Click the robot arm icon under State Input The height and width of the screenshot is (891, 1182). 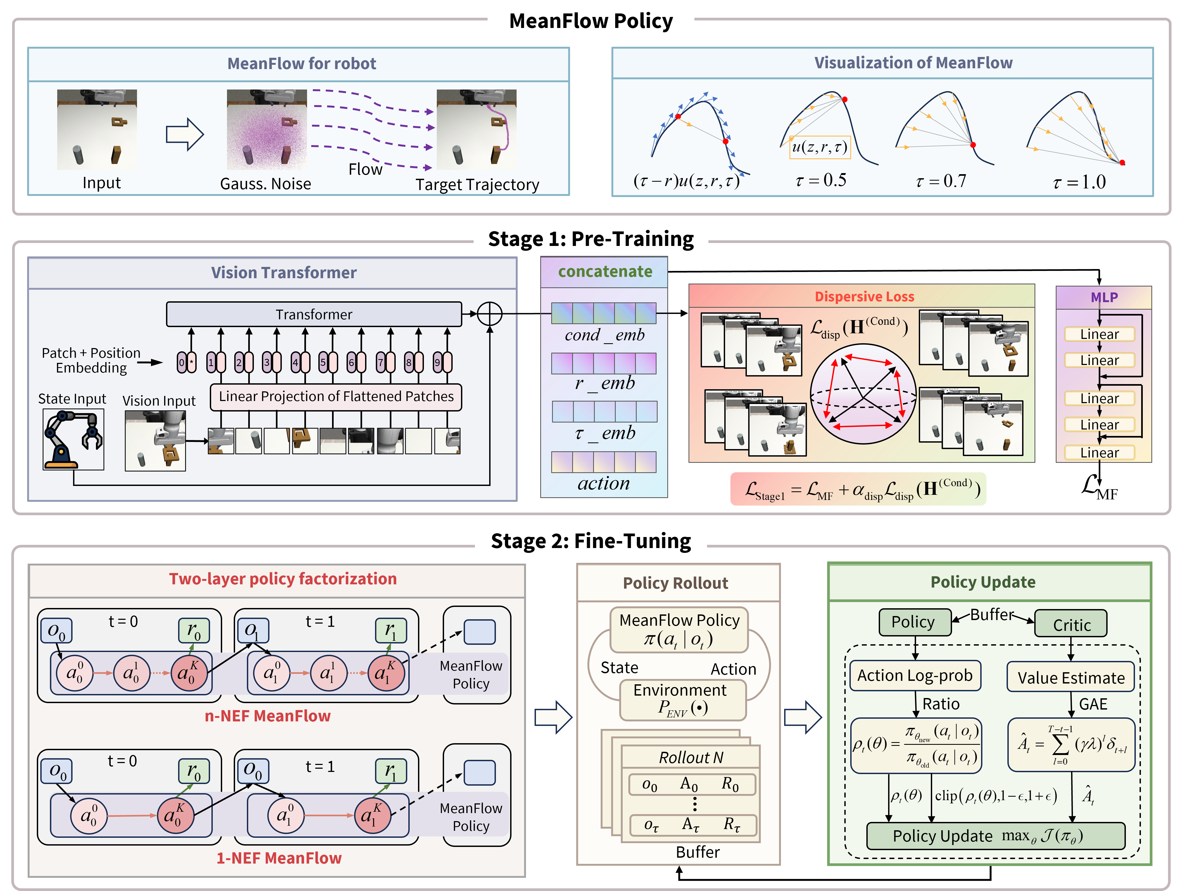(73, 439)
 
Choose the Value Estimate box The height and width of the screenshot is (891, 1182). (1071, 678)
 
